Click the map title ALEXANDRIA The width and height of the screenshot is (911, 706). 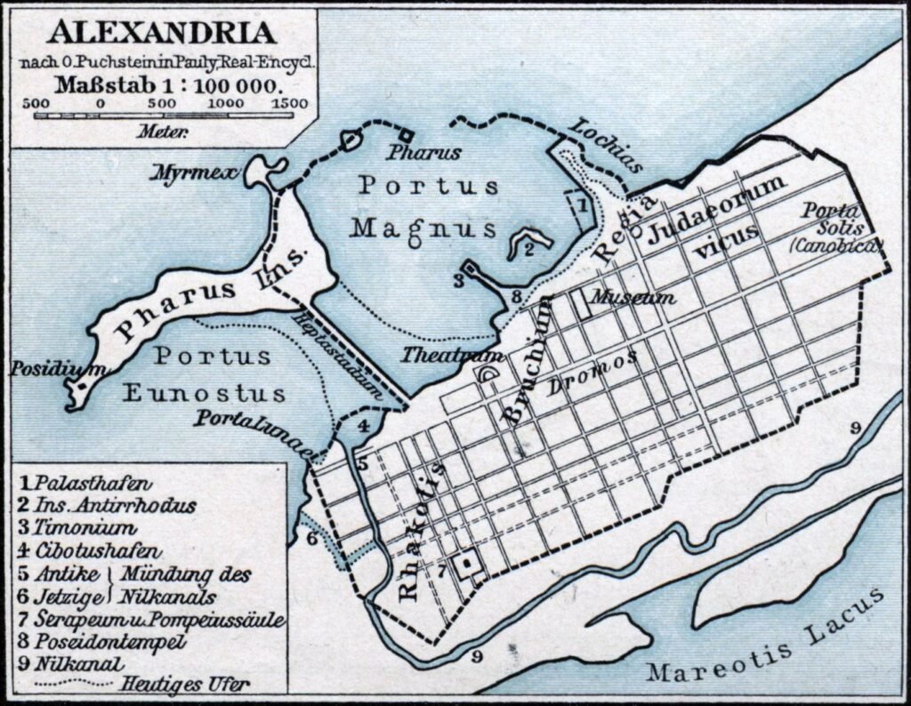tap(161, 33)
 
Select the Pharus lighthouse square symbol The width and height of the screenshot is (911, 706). tap(406, 135)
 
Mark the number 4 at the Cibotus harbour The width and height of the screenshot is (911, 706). tap(363, 425)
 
